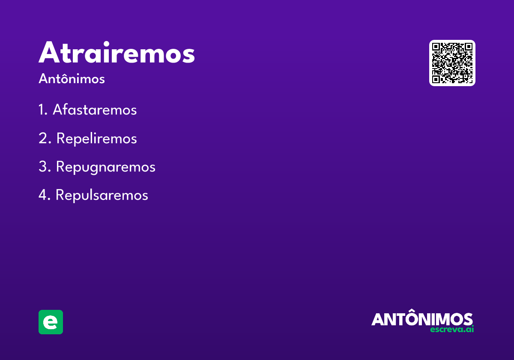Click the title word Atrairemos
tap(117, 53)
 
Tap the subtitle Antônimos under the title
tap(72, 79)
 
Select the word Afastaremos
tap(95, 110)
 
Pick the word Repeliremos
tap(96, 138)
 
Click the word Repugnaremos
tap(105, 167)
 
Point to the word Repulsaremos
tap(102, 195)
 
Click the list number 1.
tap(42, 110)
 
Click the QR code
tap(452, 63)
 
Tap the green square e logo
tap(51, 322)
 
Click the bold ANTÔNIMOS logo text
tap(422, 319)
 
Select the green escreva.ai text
tap(452, 330)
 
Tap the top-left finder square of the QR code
tap(437, 48)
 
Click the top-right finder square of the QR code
tap(468, 48)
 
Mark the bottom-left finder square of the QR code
tap(437, 78)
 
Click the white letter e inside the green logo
tap(51, 322)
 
